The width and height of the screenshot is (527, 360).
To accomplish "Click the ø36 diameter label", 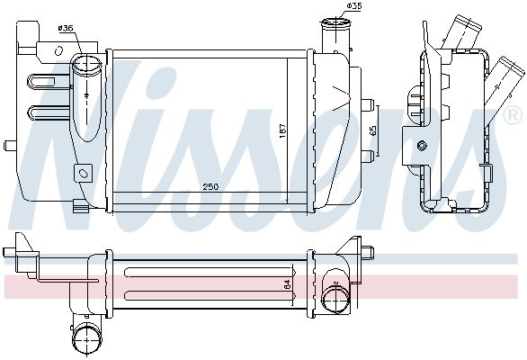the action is (66, 28).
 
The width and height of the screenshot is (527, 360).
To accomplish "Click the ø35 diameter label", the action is (354, 5).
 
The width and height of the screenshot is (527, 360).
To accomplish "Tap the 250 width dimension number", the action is (210, 186).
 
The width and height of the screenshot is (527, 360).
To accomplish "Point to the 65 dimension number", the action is (373, 130).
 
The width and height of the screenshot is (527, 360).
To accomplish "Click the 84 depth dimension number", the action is (288, 285).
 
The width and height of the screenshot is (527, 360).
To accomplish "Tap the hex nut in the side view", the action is (422, 146).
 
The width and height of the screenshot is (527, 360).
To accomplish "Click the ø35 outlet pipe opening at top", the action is (335, 24).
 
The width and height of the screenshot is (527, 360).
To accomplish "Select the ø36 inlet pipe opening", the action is (86, 65).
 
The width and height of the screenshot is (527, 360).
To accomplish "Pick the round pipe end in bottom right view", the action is (335, 295).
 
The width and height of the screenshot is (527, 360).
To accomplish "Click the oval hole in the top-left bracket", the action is (58, 50).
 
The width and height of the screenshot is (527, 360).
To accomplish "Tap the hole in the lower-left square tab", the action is (83, 173).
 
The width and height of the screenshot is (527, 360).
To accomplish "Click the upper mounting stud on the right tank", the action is (367, 104).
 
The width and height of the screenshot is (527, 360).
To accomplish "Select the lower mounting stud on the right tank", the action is (367, 156).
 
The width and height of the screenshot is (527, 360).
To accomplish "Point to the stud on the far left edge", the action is (10, 146).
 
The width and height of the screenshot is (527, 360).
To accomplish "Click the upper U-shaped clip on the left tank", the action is (49, 83).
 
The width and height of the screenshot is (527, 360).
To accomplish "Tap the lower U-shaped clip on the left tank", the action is (49, 113).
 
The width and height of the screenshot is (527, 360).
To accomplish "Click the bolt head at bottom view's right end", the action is (368, 252).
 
